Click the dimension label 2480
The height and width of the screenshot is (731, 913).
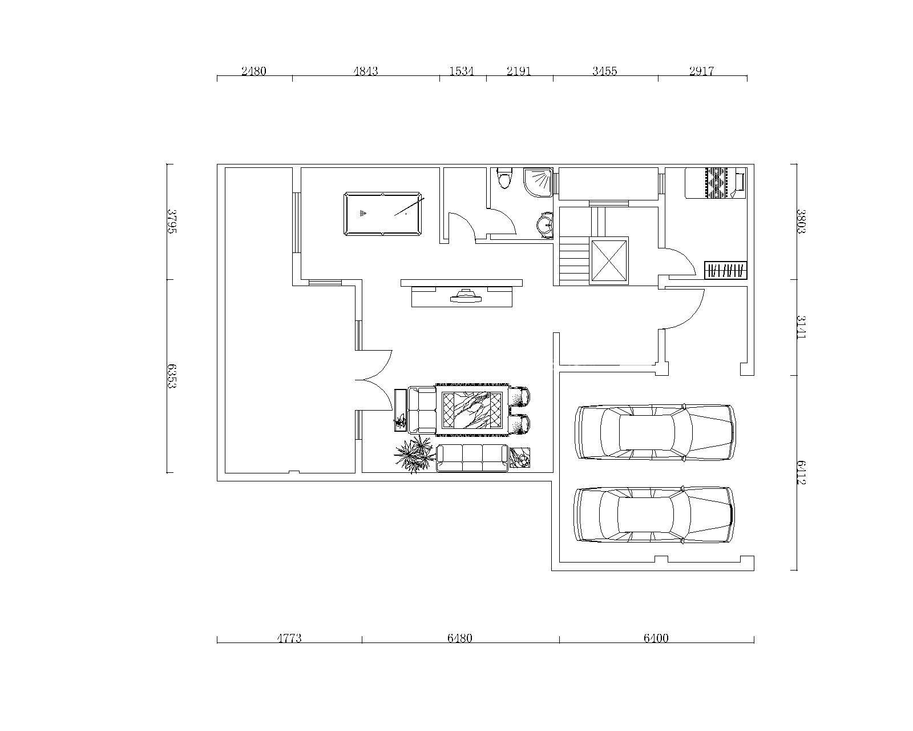pos(254,71)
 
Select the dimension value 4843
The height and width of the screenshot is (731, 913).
pos(365,71)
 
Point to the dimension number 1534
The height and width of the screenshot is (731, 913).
pos(461,71)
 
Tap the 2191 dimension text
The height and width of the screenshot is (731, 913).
pos(519,71)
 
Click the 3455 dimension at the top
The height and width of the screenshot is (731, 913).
pos(604,71)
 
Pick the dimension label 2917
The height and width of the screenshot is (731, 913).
pos(702,71)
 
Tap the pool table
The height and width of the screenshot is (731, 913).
pos(383,214)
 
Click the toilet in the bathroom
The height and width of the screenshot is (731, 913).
pos(504,178)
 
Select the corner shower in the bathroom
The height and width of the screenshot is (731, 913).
pos(538,182)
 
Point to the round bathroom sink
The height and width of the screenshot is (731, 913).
pos(544,223)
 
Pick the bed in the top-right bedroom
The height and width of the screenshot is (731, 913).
pos(716,183)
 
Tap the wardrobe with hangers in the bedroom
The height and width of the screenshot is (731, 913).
pos(725,270)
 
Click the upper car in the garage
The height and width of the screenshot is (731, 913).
pos(655,432)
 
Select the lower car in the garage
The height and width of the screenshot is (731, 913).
pos(654,515)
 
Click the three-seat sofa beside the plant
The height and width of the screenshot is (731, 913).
pos(472,458)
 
